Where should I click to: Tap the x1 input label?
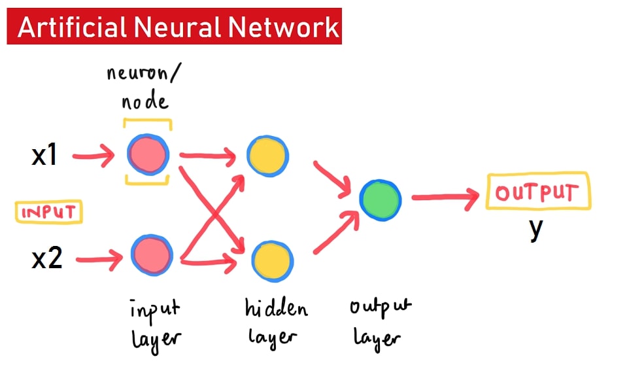(44, 156)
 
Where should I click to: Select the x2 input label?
(46, 259)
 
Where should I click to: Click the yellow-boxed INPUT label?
(49, 213)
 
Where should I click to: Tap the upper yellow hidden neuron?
(267, 156)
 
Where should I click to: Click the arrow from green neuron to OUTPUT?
(445, 198)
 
